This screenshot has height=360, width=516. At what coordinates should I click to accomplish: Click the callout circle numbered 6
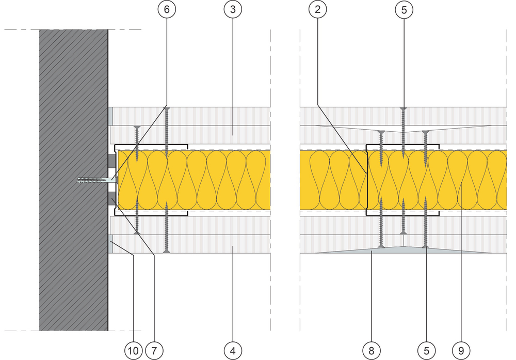167,9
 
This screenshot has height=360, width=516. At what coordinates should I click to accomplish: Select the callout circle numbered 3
232,9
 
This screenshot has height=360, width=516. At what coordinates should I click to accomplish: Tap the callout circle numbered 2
316,9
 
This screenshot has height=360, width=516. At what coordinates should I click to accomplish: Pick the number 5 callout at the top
403,9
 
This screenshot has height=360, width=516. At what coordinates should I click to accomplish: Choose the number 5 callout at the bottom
426,351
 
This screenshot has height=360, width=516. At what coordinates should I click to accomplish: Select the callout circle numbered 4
233,351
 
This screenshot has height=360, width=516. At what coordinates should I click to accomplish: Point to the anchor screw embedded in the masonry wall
93,180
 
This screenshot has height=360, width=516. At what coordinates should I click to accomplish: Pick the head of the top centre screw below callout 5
403,108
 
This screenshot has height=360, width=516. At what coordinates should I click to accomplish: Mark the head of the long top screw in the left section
166,108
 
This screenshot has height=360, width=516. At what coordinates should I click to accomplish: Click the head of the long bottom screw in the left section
166,252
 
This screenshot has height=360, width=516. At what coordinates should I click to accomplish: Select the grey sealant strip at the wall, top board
110,116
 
